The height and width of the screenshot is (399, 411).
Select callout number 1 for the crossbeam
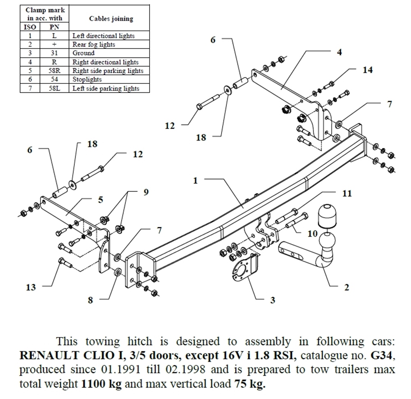(x=196, y=180)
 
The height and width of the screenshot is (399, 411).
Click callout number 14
(x=367, y=70)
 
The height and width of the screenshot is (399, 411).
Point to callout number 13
(x=31, y=287)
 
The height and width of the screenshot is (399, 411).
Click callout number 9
(x=146, y=192)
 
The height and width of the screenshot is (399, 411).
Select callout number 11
(x=347, y=193)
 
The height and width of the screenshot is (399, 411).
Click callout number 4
(x=339, y=52)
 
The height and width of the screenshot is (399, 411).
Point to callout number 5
(x=100, y=200)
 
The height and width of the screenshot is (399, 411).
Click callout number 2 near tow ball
(x=346, y=287)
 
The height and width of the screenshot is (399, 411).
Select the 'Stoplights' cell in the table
(x=87, y=80)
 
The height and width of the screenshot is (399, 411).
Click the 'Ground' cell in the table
(x=83, y=53)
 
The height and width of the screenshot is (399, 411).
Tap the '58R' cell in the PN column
(x=54, y=71)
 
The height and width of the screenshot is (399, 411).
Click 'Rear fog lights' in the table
(x=94, y=44)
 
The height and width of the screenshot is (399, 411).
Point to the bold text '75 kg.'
(x=250, y=384)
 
